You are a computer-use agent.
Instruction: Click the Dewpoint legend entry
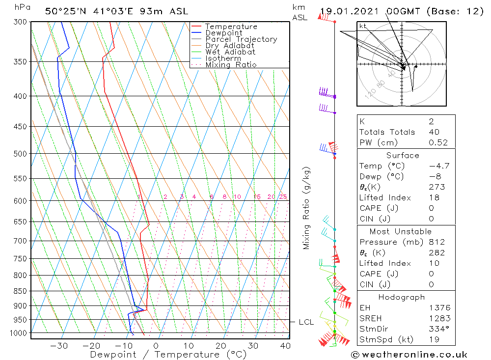pos(224,33)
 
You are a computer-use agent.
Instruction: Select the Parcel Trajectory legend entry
pos(241,39)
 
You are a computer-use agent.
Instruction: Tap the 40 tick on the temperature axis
pos(285,345)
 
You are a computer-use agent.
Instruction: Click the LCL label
pos(306,322)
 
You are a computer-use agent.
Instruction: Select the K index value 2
pos(431,121)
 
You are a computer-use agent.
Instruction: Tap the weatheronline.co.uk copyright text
pos(409,355)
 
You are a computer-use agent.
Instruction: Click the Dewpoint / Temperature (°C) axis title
pos(168,354)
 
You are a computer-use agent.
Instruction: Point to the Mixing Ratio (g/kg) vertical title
pos(306,208)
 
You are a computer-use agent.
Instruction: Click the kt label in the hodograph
pos(363,26)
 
